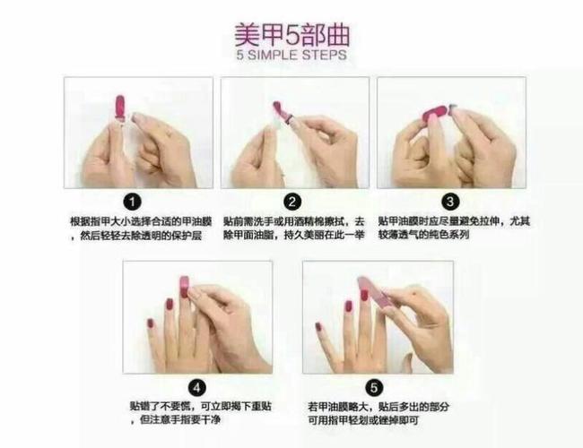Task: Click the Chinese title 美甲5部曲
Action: (291, 34)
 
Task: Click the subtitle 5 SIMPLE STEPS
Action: (291, 56)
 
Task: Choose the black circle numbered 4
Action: (197, 387)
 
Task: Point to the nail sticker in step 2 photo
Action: (281, 112)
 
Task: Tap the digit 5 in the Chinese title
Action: (290, 34)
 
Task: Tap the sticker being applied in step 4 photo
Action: (184, 287)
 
